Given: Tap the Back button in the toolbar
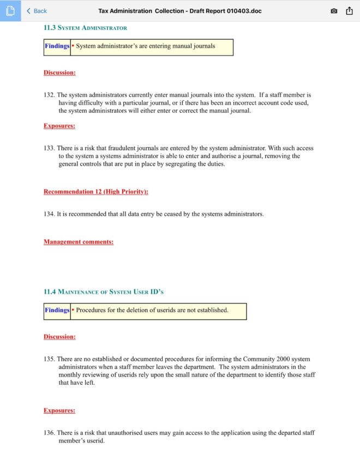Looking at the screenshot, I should pos(37,11).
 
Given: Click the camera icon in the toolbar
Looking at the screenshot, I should pos(334,11).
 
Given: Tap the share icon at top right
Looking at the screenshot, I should pos(350,11).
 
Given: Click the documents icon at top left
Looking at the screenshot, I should pos(10,11).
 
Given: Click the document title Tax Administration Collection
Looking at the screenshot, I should pos(179,11).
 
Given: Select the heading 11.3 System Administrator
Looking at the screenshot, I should pos(85,27).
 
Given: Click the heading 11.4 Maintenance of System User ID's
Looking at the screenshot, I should pos(104,292).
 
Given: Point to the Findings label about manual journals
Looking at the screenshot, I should pos(57,46).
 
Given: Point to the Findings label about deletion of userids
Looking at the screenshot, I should pos(57,311).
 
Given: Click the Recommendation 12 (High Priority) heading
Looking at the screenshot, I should pos(96,192).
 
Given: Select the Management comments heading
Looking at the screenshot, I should pos(79,242).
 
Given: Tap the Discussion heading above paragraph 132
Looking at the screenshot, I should pos(59,72).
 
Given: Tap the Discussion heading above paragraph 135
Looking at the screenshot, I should pos(59,337).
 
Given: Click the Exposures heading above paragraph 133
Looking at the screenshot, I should pos(59,126).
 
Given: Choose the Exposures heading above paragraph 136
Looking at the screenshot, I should pos(59,410).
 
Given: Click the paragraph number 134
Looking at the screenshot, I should pos(49,214).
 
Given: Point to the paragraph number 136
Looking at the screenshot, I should pos(49,433).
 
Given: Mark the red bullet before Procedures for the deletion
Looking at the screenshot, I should pos(73,311).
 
